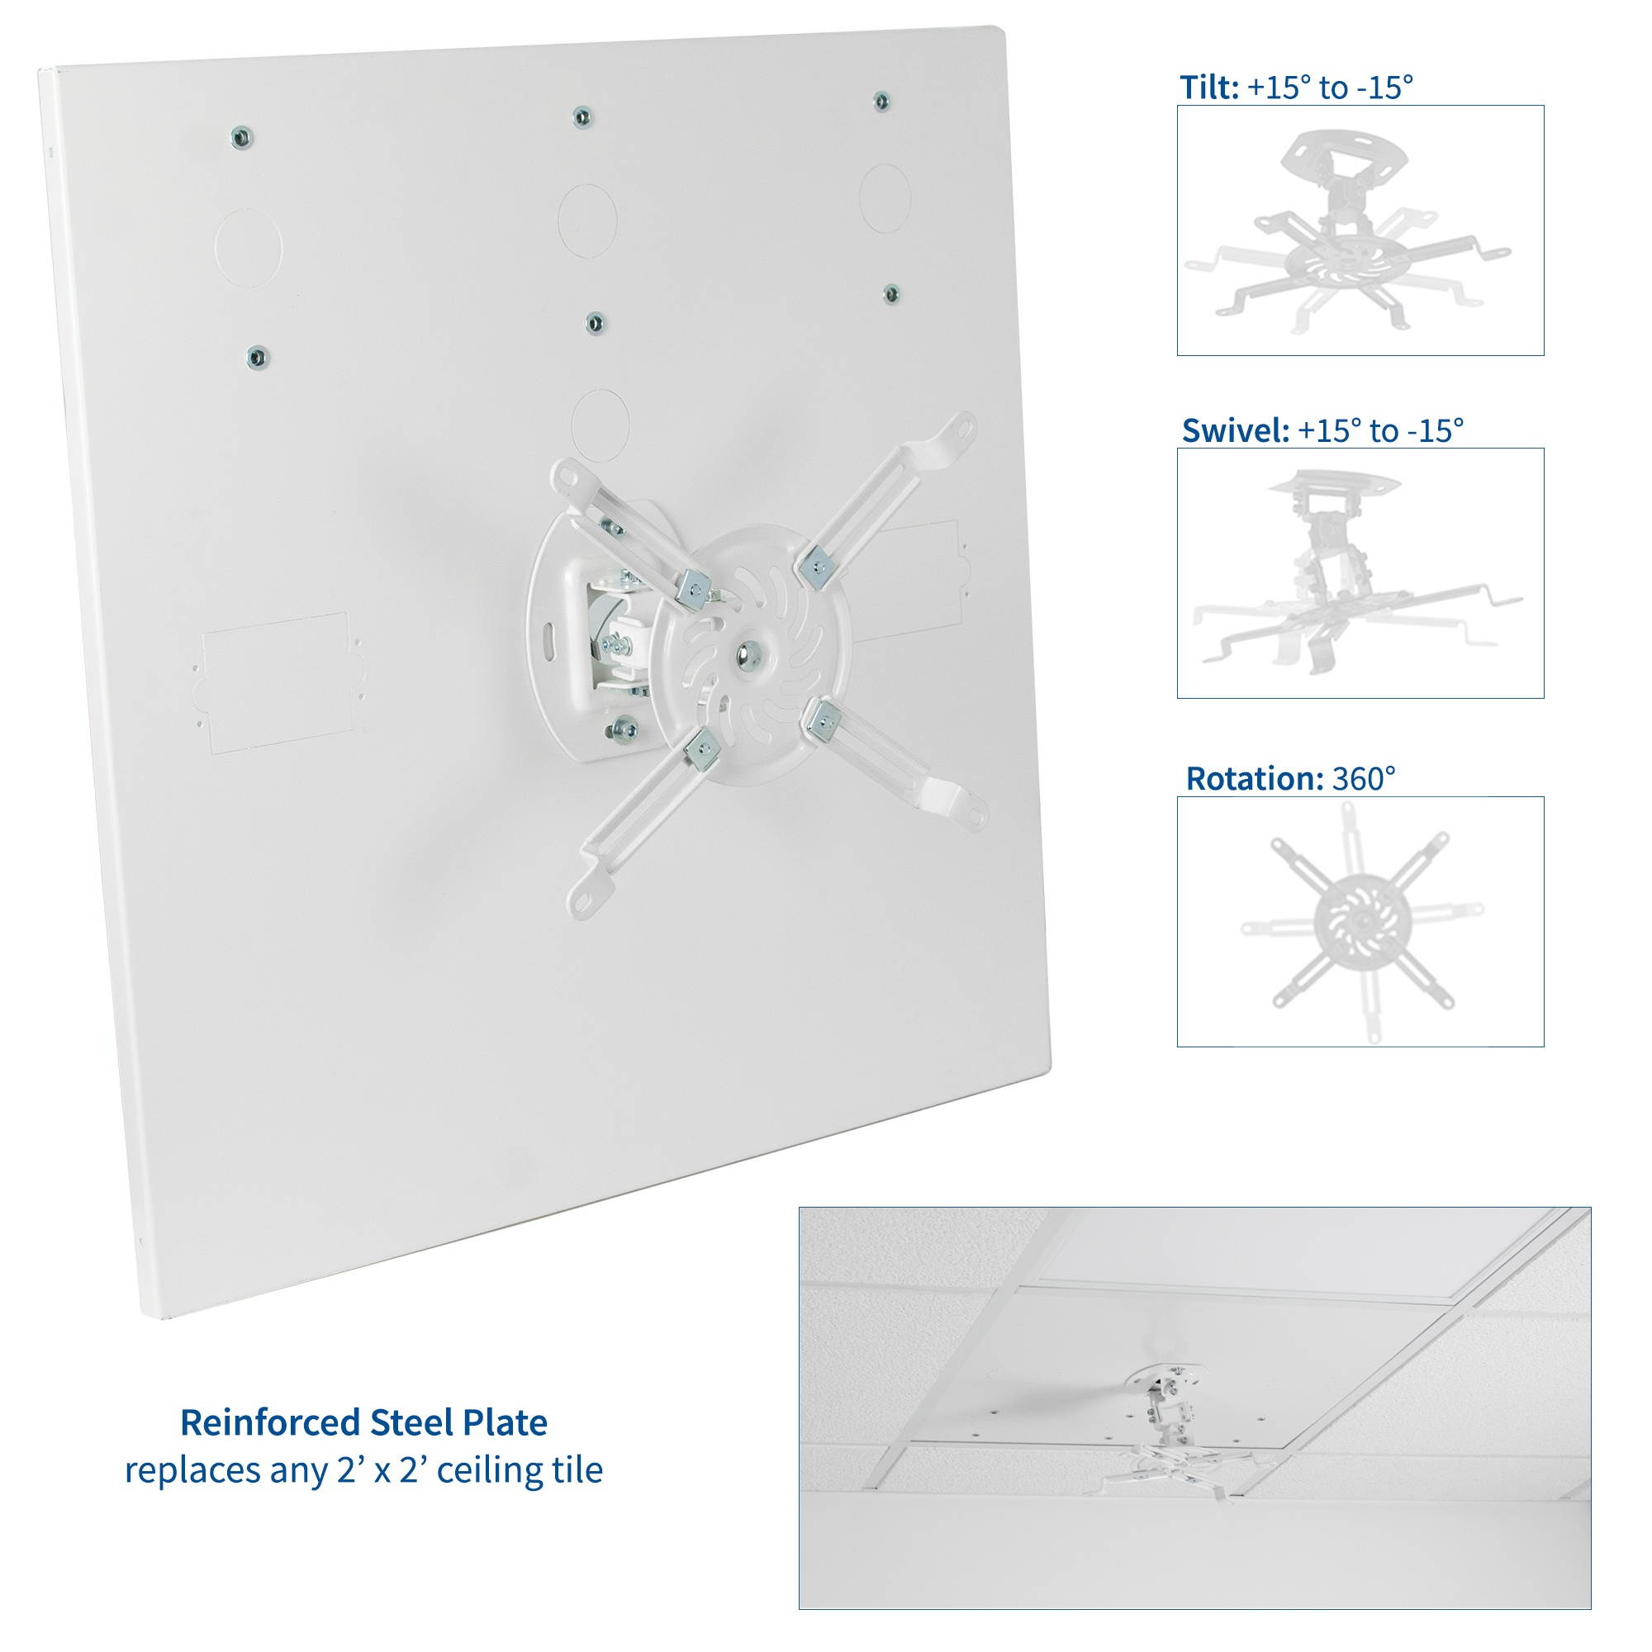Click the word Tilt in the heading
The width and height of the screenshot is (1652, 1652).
pos(1208,88)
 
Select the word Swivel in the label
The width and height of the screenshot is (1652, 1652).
pos(1235,430)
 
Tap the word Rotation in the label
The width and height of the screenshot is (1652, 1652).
pos(1255,778)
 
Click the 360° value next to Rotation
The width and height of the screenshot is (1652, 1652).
pos(1364,778)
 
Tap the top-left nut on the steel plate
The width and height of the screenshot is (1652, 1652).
pos(242,136)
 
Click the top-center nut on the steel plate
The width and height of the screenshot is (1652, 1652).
pos(582,116)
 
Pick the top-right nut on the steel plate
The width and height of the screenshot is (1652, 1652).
pos(881,101)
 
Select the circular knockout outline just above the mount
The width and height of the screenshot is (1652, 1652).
pos(601,425)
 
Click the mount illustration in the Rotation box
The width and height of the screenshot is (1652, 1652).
pos(1360,922)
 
